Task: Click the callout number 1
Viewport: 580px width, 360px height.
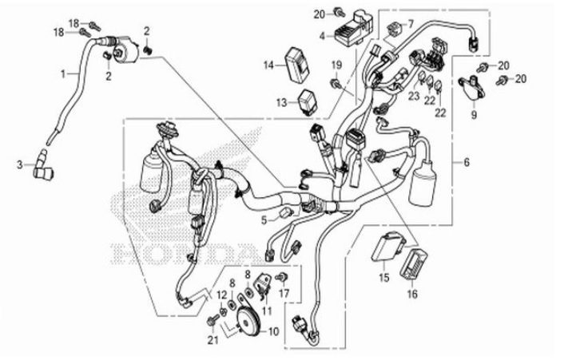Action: tap(64, 73)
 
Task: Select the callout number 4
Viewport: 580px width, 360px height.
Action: tap(322, 36)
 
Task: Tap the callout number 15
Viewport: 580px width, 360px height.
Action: tap(383, 278)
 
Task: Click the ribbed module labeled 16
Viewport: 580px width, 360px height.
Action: tap(412, 263)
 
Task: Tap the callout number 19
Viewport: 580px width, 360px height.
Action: tap(336, 64)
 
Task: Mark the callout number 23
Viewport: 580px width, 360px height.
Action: tap(414, 96)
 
